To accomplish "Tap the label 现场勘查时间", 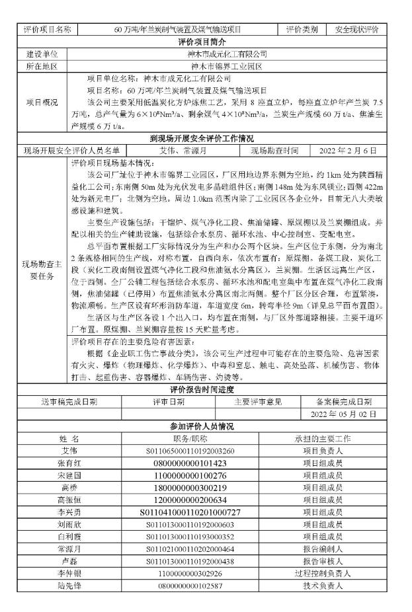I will click(278, 151).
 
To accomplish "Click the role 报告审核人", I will click(322, 561).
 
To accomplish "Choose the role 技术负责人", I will click(322, 586).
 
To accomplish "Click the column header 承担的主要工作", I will click(322, 438).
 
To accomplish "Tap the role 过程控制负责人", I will click(322, 574).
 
